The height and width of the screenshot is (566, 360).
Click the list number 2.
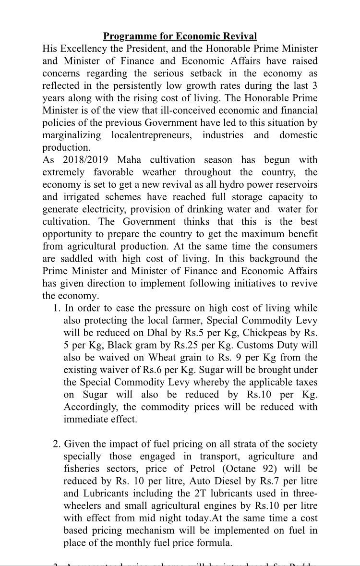coord(56,444)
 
